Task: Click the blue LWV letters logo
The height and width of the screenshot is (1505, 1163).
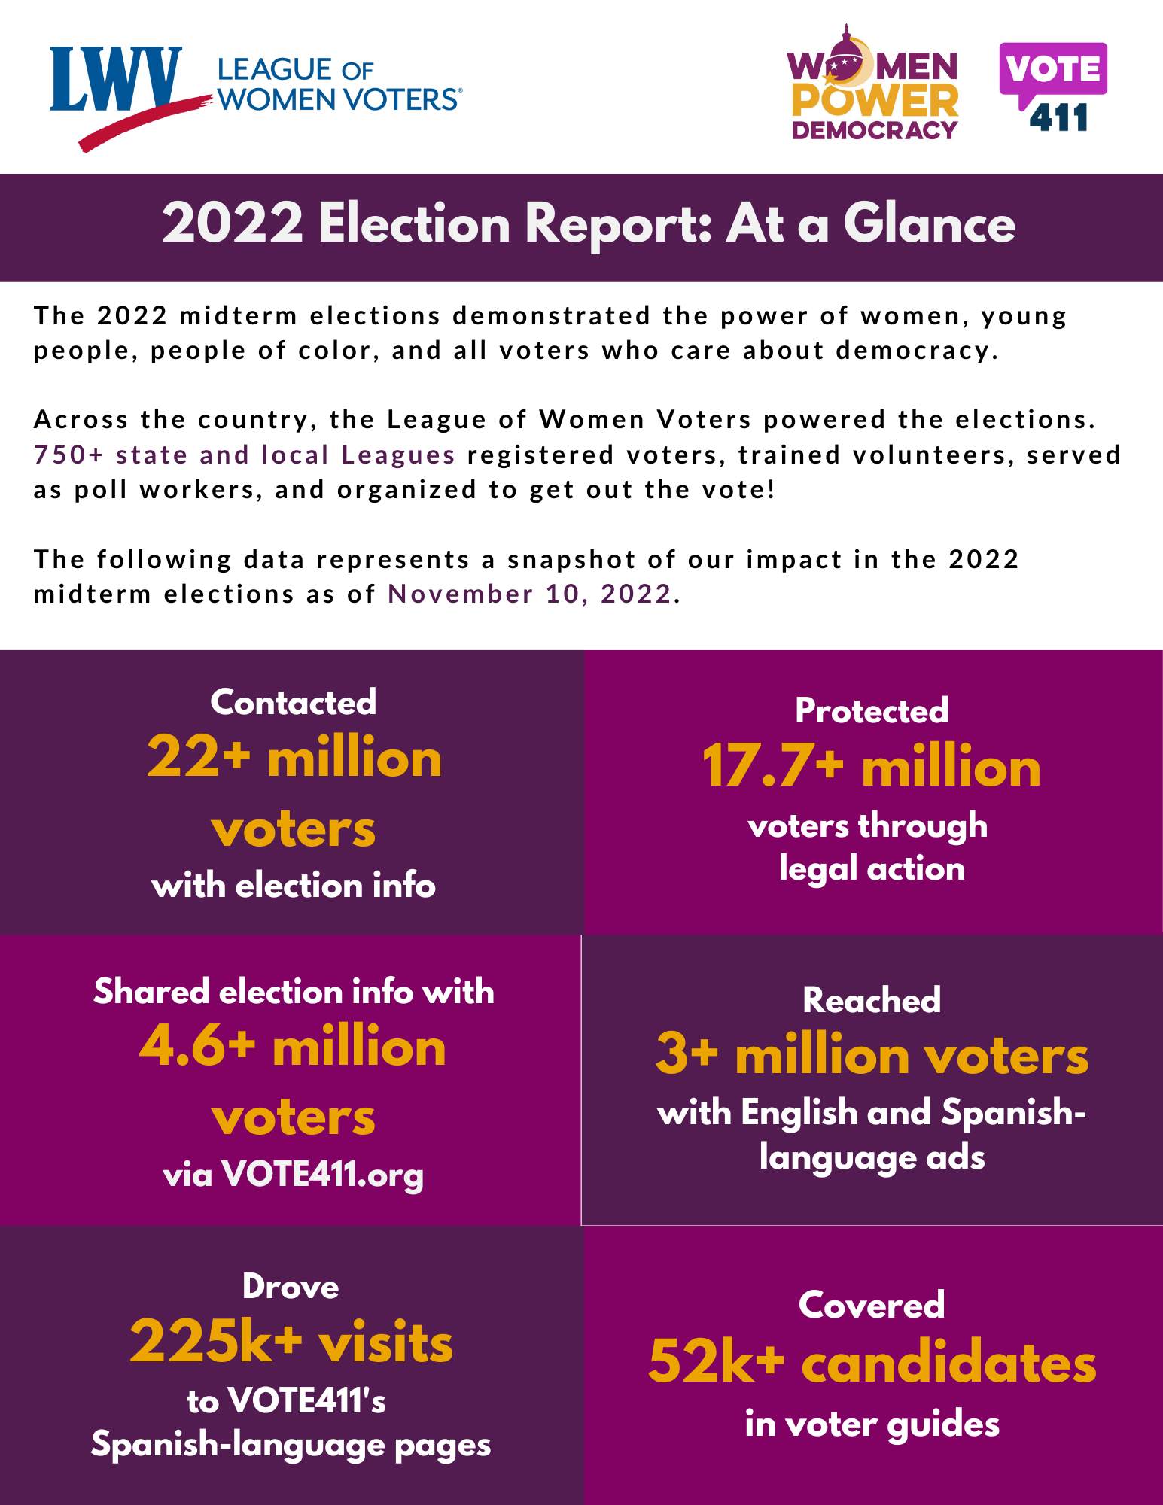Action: pos(116,79)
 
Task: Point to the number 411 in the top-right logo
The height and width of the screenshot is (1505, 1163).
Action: pos(1058,118)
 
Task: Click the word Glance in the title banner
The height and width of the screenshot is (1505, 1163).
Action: pos(929,224)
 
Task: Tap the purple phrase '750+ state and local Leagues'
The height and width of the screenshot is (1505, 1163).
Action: pos(245,455)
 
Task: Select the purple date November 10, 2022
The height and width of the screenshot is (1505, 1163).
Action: pos(529,594)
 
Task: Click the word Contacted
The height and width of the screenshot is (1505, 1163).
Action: pos(294,702)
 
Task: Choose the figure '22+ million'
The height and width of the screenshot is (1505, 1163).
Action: pos(294,758)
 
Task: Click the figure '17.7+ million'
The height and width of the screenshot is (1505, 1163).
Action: pos(872,767)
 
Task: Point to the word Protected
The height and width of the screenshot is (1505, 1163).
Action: pos(872,710)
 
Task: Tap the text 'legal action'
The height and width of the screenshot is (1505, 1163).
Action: pos(872,869)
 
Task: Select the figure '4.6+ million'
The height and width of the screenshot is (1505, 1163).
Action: pos(293,1047)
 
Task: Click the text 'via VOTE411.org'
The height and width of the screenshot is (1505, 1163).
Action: pos(294,1175)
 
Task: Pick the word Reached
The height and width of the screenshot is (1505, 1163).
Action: pos(872,1000)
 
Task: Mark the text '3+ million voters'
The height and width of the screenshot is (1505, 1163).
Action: pos(872,1055)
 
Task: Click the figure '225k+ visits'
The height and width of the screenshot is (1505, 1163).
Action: pos(291,1342)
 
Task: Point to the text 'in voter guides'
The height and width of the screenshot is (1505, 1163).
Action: pos(872,1424)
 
